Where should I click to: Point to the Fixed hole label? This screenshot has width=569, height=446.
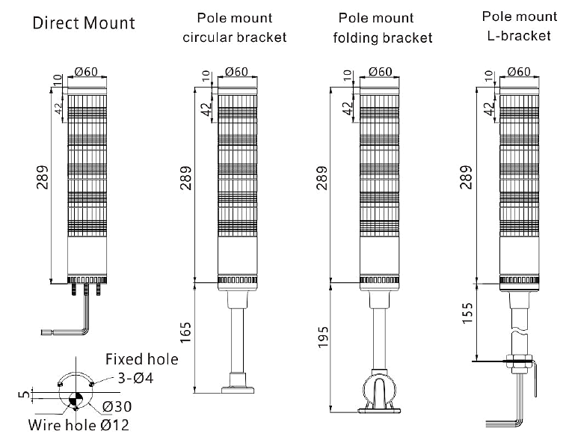(141, 359)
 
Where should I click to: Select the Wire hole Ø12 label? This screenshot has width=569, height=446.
(79, 427)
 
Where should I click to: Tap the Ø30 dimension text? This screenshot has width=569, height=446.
(118, 406)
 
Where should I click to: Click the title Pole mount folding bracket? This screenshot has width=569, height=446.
(382, 28)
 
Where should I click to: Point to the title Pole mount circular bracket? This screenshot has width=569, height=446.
(235, 27)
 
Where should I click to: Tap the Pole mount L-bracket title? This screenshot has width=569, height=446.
(519, 25)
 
